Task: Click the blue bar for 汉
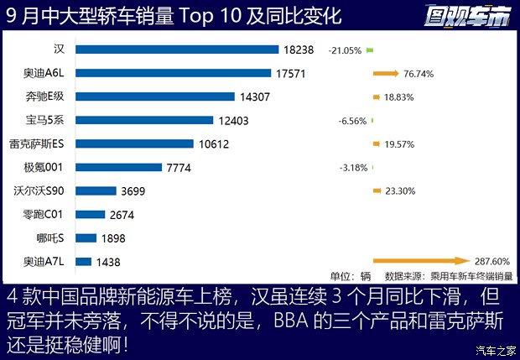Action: tap(177, 50)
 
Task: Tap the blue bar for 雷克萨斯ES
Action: tap(134, 143)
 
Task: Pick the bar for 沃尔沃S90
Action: tap(95, 190)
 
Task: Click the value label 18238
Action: tap(299, 50)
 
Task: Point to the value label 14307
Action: tap(254, 97)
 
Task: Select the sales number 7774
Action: tap(179, 168)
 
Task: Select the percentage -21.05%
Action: tap(345, 50)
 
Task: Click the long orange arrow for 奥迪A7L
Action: tap(419, 261)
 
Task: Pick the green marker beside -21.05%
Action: tap(370, 50)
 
